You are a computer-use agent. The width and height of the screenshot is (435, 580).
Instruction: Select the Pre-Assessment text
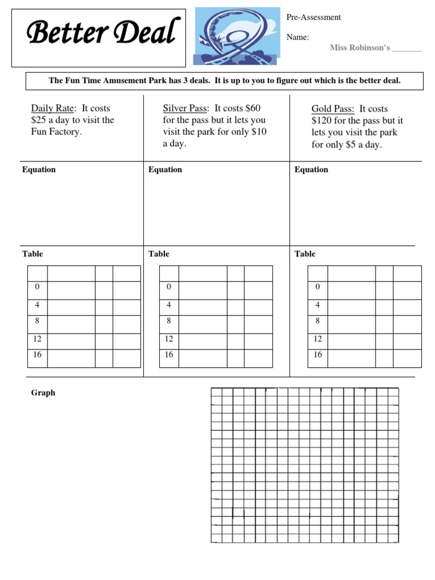(x=313, y=17)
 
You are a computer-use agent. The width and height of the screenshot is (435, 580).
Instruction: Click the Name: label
(x=298, y=37)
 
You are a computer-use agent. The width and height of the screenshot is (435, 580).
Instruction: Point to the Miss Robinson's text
(x=360, y=48)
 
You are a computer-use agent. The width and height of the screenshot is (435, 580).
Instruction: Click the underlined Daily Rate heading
(x=53, y=108)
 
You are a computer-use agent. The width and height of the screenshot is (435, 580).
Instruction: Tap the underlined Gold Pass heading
(x=333, y=109)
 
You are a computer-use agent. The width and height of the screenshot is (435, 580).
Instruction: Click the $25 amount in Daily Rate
(x=39, y=120)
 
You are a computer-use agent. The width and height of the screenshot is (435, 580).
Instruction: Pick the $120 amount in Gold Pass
(x=321, y=121)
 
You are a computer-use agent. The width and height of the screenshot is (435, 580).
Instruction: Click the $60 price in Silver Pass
(x=253, y=108)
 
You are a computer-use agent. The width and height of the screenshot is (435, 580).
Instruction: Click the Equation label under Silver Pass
(x=165, y=169)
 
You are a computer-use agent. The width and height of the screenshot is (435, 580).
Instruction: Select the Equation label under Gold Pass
(x=312, y=169)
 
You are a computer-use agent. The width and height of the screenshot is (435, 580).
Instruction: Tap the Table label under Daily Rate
(x=32, y=254)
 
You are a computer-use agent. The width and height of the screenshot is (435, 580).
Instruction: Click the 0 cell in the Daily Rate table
(x=37, y=287)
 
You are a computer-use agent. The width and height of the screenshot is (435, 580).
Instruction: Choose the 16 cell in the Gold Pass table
(x=318, y=355)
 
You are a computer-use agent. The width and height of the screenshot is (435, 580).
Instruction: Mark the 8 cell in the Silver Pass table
(x=169, y=321)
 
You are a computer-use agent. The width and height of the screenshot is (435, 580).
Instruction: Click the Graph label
(x=43, y=393)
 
